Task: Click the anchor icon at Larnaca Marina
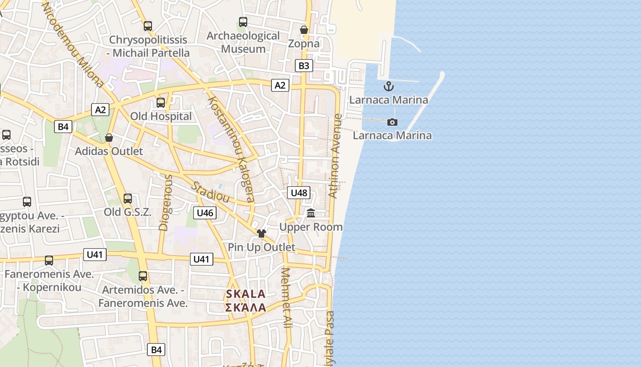tap(389, 86)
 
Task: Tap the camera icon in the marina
tap(392, 122)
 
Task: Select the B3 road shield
tap(304, 66)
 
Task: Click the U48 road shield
tap(299, 193)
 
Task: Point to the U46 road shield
tap(204, 212)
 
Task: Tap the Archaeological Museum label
tap(243, 42)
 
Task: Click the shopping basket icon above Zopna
tap(304, 30)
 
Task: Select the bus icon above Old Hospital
tap(161, 103)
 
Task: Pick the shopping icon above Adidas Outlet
tap(109, 138)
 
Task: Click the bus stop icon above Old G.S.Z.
tap(128, 199)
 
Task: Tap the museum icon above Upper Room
tap(311, 213)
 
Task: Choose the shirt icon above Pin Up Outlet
tap(261, 234)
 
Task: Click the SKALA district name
tap(245, 294)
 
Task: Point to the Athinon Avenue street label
tap(336, 156)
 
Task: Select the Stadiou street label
tap(210, 192)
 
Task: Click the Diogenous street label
tap(165, 202)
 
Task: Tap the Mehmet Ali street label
tap(286, 298)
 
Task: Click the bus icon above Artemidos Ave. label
tap(143, 276)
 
